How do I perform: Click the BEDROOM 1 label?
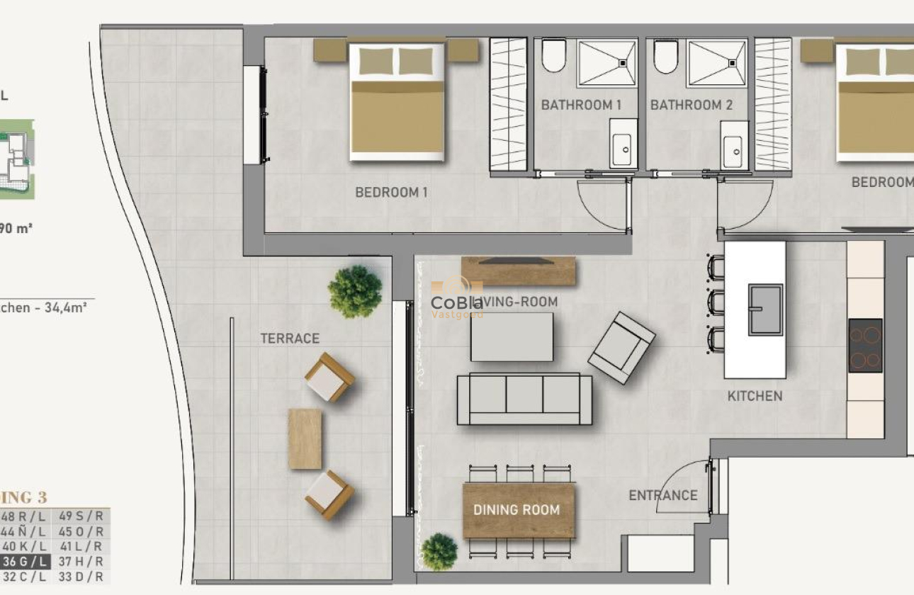click(x=391, y=192)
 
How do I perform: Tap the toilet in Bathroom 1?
click(x=553, y=55)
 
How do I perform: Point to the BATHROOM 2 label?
click(x=691, y=105)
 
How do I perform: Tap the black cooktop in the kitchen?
click(x=865, y=346)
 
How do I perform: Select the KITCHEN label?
click(x=755, y=396)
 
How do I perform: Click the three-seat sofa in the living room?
click(x=524, y=399)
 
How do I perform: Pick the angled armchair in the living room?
click(x=621, y=348)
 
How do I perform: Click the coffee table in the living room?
click(x=511, y=336)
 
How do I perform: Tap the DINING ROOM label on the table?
click(x=516, y=510)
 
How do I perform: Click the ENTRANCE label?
click(x=663, y=496)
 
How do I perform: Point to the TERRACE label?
click(x=290, y=339)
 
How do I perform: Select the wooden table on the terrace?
click(x=305, y=439)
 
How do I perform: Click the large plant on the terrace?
click(x=354, y=290)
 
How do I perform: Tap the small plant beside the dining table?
click(x=439, y=552)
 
